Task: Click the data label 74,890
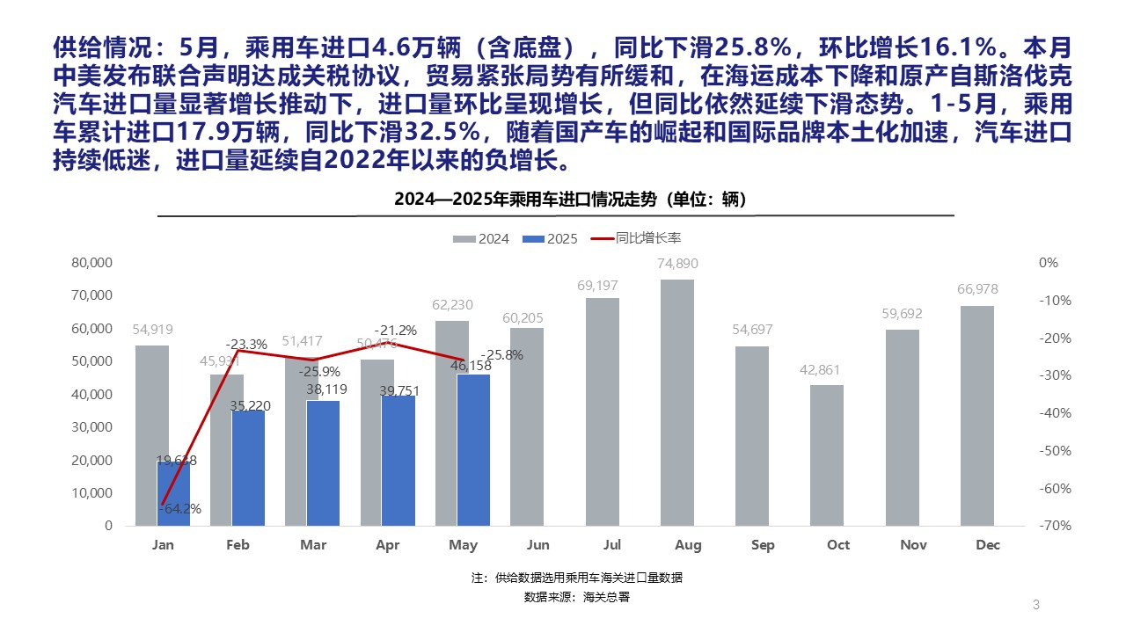point(677,264)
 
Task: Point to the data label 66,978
point(977,289)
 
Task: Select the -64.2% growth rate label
point(181,508)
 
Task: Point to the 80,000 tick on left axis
point(91,263)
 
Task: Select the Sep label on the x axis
point(763,545)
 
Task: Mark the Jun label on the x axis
point(537,545)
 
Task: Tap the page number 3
point(1035,605)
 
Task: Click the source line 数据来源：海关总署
point(576,597)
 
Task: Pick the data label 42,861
point(827,369)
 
